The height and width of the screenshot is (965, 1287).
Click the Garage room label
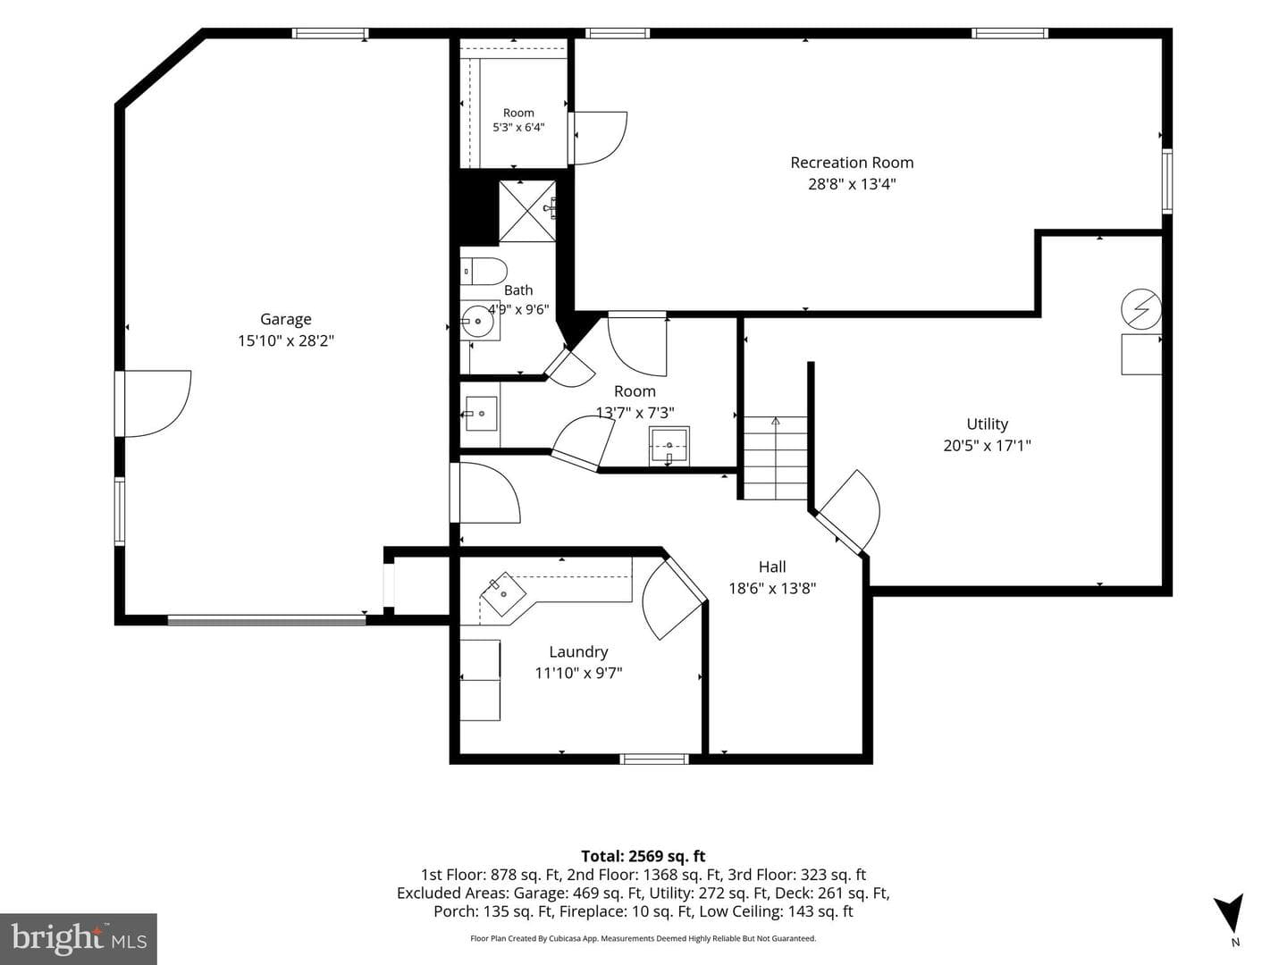click(x=285, y=319)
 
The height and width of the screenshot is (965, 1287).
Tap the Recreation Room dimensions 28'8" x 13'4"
click(x=852, y=185)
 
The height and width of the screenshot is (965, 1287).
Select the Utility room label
click(x=988, y=424)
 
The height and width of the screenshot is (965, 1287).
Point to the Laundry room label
click(x=578, y=652)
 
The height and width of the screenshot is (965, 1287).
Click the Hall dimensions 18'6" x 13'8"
click(x=772, y=588)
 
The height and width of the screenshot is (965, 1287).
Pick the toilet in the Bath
click(x=484, y=272)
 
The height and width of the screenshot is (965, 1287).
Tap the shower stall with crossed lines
click(x=527, y=211)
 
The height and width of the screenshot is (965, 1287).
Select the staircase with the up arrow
click(x=776, y=457)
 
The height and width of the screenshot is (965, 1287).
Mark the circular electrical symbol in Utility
click(x=1141, y=309)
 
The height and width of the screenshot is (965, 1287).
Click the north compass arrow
click(x=1230, y=916)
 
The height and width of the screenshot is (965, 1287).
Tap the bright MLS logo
click(x=79, y=939)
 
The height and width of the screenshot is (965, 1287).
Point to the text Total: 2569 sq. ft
click(x=643, y=857)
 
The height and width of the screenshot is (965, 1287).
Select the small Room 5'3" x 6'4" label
click(x=518, y=120)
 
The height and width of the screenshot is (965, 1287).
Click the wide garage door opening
click(x=266, y=619)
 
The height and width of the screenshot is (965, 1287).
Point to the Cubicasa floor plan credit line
click(x=643, y=938)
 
